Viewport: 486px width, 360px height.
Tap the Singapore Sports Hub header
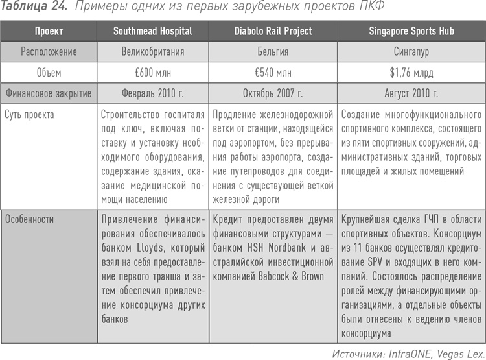(411, 30)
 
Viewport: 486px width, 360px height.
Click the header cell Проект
(49, 30)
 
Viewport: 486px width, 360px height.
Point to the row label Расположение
(49, 51)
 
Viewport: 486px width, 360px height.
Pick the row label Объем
(49, 72)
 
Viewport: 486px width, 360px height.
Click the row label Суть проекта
(29, 114)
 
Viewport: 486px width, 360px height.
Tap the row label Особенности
(30, 219)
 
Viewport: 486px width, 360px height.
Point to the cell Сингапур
(411, 51)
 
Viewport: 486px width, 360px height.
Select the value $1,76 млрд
(411, 72)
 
